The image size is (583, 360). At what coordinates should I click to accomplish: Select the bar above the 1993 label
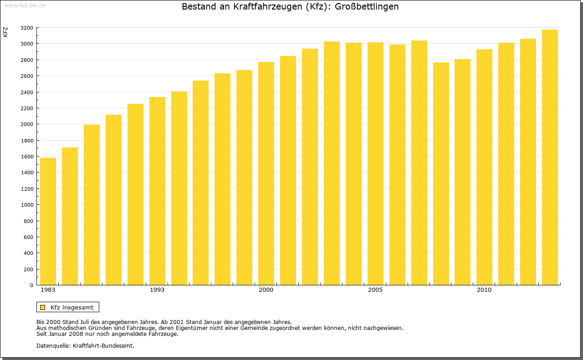157,191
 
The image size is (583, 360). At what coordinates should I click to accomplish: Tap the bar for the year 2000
266,173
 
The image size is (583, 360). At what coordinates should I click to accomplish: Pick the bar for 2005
375,164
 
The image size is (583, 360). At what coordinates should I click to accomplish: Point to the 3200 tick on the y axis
27,28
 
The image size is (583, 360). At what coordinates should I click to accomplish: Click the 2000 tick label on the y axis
27,124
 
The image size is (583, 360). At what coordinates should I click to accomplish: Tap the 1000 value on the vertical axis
27,205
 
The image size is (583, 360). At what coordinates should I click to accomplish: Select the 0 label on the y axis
31,285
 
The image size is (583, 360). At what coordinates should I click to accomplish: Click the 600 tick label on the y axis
29,237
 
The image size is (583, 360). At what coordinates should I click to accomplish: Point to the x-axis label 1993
157,290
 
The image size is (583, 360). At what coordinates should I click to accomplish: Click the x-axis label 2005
375,290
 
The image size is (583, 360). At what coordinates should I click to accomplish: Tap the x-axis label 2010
484,290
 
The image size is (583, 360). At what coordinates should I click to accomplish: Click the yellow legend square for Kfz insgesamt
42,307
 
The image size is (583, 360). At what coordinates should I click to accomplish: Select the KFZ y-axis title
5,32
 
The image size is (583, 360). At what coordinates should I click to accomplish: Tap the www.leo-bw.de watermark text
25,5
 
